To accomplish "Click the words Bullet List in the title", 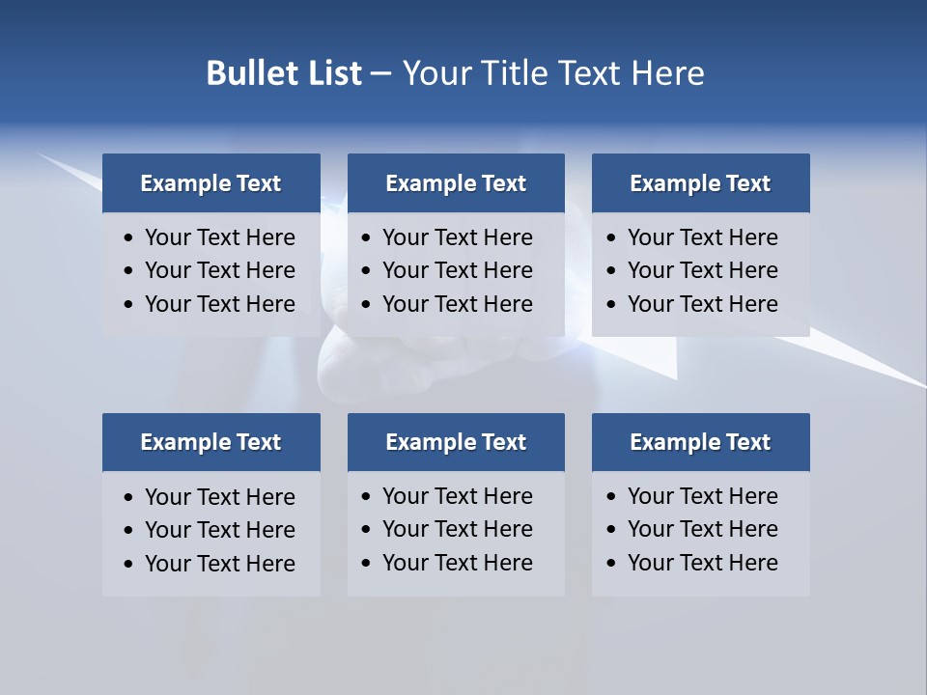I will click(284, 73).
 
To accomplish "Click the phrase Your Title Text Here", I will click(552, 73).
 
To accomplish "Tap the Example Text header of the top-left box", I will click(211, 183).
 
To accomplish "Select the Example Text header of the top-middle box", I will click(456, 183).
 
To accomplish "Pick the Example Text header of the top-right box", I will click(700, 183).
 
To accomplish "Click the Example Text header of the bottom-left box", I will click(211, 442).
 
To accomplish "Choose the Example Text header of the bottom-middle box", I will click(456, 442).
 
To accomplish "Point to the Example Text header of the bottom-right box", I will click(700, 442).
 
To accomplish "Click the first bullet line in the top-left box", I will click(219, 237).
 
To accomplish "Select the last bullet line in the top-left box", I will click(219, 304).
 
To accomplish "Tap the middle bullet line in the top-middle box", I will click(457, 270).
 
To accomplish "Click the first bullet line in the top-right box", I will click(702, 237).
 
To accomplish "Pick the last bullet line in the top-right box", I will click(702, 304).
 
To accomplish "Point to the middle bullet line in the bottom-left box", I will click(219, 530).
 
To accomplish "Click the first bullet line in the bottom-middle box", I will click(457, 496).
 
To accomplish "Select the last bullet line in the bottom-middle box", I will click(457, 563).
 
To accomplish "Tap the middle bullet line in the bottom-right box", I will click(702, 529).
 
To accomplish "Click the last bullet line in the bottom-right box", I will click(702, 563).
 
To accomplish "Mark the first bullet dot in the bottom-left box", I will click(129, 498).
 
